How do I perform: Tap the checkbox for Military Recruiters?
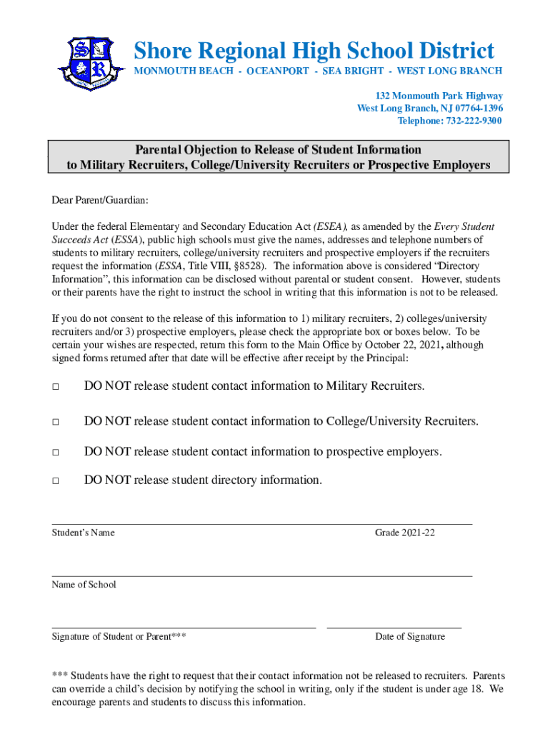click(55, 387)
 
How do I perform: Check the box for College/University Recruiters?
click(55, 422)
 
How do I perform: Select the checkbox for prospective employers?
click(55, 453)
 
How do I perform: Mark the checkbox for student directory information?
click(55, 480)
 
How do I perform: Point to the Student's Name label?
click(83, 533)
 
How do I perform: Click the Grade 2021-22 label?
click(404, 533)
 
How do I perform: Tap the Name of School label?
click(84, 585)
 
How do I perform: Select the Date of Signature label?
click(409, 636)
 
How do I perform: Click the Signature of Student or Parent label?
click(119, 636)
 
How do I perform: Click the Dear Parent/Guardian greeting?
click(100, 201)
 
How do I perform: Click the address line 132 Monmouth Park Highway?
click(439, 96)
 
